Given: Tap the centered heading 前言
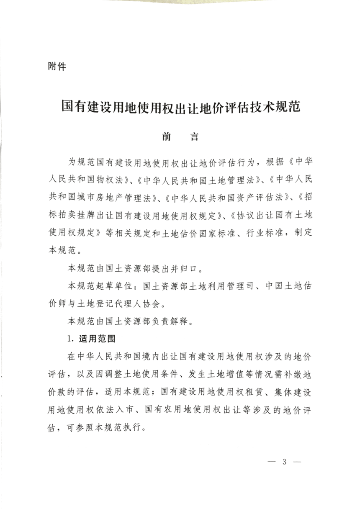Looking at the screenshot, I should [x=180, y=137].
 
